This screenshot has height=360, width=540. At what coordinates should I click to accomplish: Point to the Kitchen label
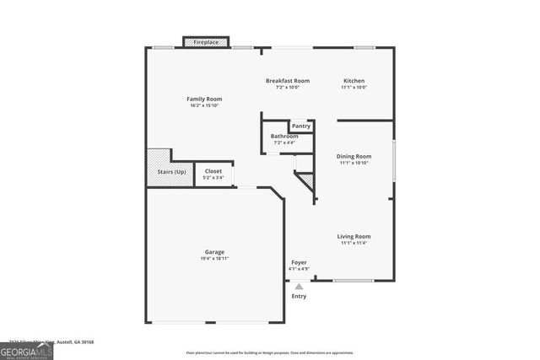click(x=353, y=81)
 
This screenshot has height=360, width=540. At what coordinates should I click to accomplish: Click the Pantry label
click(x=300, y=126)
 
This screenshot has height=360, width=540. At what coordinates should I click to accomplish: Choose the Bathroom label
click(x=283, y=136)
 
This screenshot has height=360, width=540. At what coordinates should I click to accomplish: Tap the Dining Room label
click(x=354, y=156)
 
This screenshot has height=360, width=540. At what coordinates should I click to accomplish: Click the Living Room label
click(x=354, y=236)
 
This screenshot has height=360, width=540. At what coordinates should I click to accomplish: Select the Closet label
click(x=213, y=171)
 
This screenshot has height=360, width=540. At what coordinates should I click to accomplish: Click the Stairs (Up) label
click(x=171, y=172)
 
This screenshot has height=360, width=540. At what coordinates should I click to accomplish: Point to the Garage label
click(x=214, y=251)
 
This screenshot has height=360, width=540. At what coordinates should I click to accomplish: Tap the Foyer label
click(x=300, y=262)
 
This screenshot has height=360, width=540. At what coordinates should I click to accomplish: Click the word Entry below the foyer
click(x=300, y=296)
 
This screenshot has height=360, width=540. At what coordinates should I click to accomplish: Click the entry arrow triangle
click(x=299, y=286)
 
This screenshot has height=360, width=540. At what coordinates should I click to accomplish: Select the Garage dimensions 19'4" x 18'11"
click(x=214, y=258)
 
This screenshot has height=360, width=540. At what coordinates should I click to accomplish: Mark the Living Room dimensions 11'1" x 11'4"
click(x=354, y=243)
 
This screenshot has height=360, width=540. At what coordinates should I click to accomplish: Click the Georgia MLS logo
click(x=26, y=350)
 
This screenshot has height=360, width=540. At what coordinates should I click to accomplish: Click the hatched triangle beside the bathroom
click(x=307, y=180)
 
